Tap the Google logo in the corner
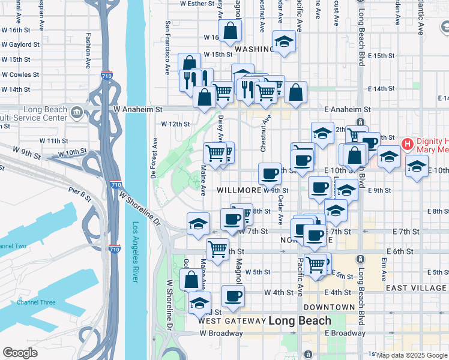coord(20,353)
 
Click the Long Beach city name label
coord(299,320)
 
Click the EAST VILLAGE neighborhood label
coord(416,288)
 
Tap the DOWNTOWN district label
coord(329,307)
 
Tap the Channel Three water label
coord(35,302)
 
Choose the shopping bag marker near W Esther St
coord(231,31)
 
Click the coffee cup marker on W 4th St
coord(233,295)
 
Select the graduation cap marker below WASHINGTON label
coord(284,41)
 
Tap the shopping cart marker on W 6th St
coord(217,248)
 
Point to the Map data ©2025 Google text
coord(412,355)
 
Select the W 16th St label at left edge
coord(19,30)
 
